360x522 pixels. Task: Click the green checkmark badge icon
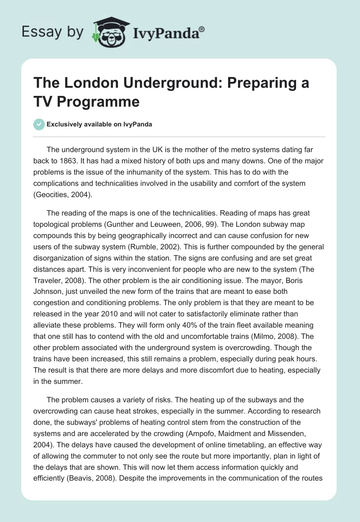40,125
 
